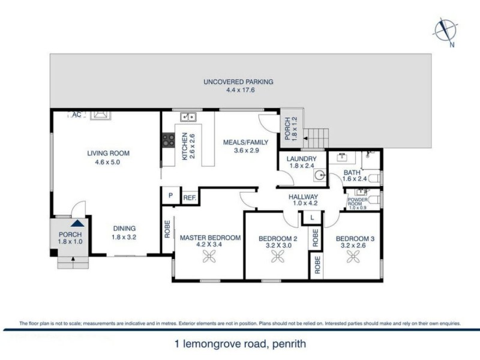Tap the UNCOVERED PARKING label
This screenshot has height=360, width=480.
[x=238, y=82]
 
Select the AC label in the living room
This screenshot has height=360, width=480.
[x=77, y=113]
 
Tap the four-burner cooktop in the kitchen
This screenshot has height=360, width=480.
[x=169, y=141]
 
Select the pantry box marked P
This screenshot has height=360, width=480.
[x=170, y=196]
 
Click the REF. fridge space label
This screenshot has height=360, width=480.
[x=189, y=197]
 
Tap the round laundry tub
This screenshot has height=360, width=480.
[x=319, y=176]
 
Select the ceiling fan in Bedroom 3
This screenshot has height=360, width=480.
[x=354, y=256]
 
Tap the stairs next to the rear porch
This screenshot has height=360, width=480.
[x=316, y=139]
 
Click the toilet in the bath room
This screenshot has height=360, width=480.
[x=373, y=178]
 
